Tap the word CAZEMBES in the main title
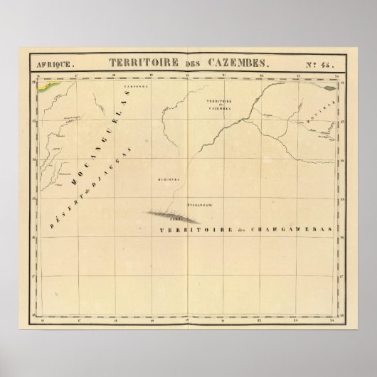213,62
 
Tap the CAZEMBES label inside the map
220,110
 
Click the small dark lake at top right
329,89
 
